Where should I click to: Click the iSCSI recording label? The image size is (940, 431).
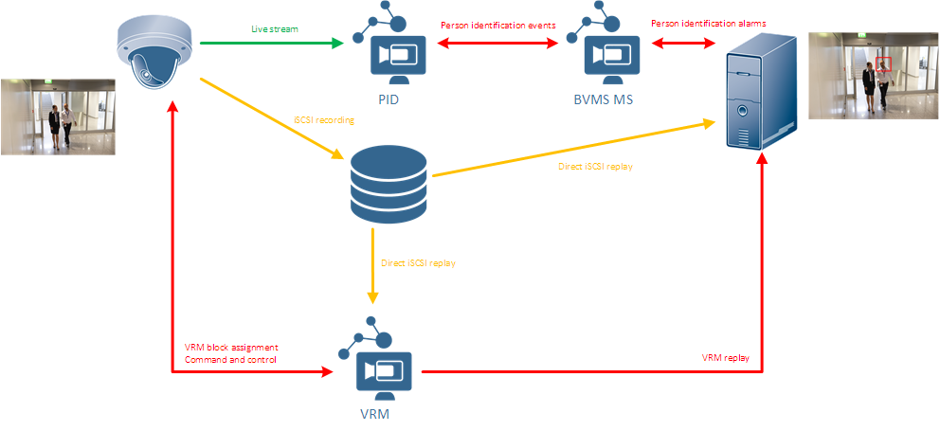coord(324,120)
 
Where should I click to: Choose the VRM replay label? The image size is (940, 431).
coord(725,358)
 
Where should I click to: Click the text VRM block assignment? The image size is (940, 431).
coord(231,348)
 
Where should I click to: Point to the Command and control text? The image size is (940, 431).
coord(230,360)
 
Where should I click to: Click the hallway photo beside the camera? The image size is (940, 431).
coord(58,117)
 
